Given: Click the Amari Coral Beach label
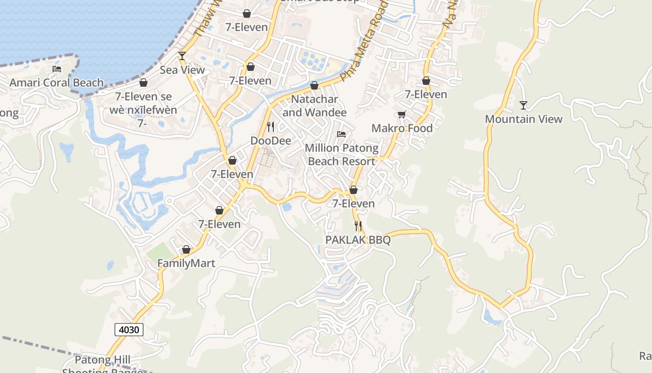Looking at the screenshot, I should pos(57,83).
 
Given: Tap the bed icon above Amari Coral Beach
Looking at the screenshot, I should pos(57,69).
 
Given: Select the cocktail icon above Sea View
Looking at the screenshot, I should pos(182,56).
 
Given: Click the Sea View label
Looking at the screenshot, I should pos(182,70).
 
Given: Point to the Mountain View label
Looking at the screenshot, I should pos(524,119).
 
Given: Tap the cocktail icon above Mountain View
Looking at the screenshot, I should pos(523,105).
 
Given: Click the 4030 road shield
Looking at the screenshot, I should pos(129,330).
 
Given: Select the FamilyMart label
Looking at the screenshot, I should pos(186,263).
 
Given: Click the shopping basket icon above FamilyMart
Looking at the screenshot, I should pos(186,250).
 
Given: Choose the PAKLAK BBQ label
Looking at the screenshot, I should pos(358,240).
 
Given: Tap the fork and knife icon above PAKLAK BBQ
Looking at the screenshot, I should pos(358,226).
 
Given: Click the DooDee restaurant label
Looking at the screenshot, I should pos(271,141).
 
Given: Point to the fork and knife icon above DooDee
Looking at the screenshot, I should pos(271,126).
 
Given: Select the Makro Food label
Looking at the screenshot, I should pos(402,128).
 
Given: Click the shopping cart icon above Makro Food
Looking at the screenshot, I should pos(401,115).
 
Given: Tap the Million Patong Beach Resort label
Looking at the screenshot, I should pos(342,155).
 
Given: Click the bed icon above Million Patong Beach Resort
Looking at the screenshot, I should pos(341,134).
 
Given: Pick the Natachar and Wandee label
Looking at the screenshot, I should pos(314,106).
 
